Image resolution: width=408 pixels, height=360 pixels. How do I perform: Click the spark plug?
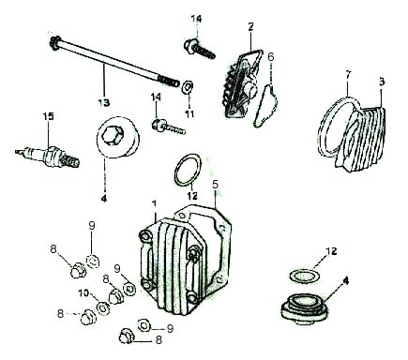[x=47, y=157]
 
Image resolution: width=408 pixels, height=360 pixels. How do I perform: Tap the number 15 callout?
[x=48, y=116]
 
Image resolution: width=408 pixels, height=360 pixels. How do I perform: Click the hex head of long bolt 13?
[x=54, y=42]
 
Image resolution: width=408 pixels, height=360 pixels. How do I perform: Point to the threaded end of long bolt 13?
[x=169, y=81]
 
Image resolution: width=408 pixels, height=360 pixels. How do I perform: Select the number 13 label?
[x=103, y=102]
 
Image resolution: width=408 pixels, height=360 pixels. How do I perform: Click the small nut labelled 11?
[x=188, y=85]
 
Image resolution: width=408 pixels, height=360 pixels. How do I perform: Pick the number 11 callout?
[x=189, y=113]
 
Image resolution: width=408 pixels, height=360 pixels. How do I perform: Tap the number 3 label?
[x=382, y=82]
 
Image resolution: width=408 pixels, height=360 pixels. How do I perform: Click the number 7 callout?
[x=348, y=75]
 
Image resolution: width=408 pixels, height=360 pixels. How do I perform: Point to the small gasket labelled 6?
[x=265, y=106]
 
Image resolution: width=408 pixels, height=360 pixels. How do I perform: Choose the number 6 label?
[x=270, y=57]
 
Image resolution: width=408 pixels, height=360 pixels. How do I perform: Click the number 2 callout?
[x=250, y=27]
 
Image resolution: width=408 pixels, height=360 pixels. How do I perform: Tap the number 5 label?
[x=215, y=184]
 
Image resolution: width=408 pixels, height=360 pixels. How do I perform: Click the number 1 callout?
[x=154, y=203]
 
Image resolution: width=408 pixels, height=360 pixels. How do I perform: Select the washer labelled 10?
[x=103, y=308]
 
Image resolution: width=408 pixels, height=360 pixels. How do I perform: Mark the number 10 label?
[x=83, y=293]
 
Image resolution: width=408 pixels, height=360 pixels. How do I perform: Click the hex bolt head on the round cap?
[x=113, y=136]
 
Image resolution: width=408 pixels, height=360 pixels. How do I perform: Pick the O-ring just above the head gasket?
[x=187, y=170]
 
